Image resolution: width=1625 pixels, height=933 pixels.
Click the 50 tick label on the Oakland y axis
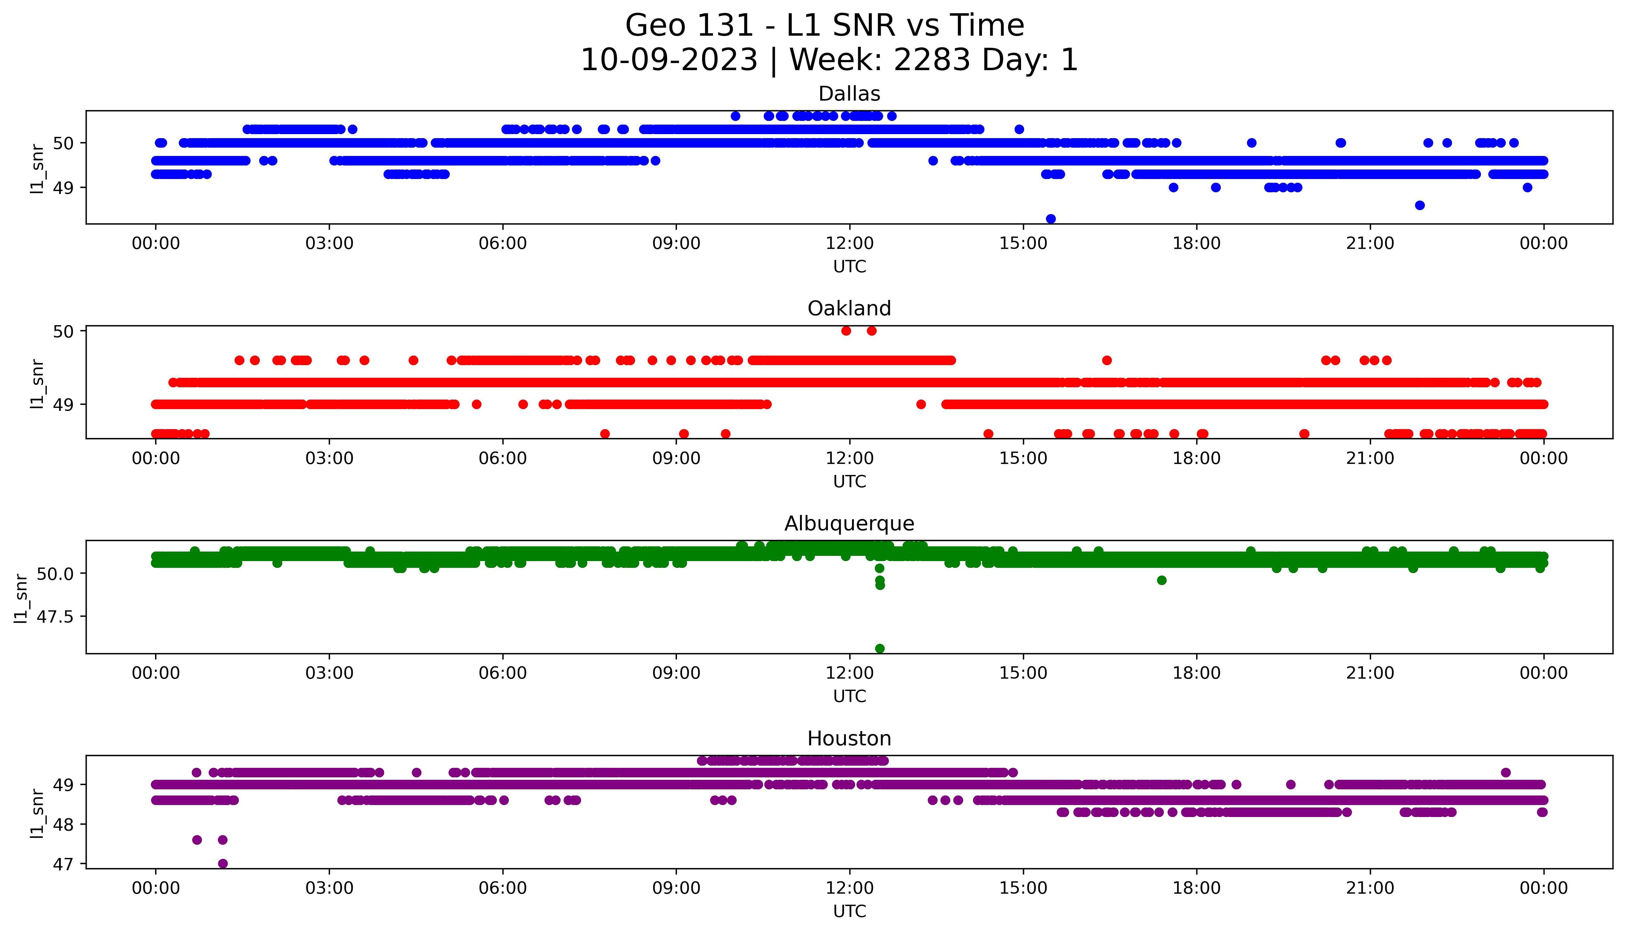point(64,331)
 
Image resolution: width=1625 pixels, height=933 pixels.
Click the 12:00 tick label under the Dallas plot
point(849,244)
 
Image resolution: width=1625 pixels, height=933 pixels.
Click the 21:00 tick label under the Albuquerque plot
point(1370,673)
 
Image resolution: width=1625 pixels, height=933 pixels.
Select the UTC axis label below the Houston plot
point(849,911)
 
